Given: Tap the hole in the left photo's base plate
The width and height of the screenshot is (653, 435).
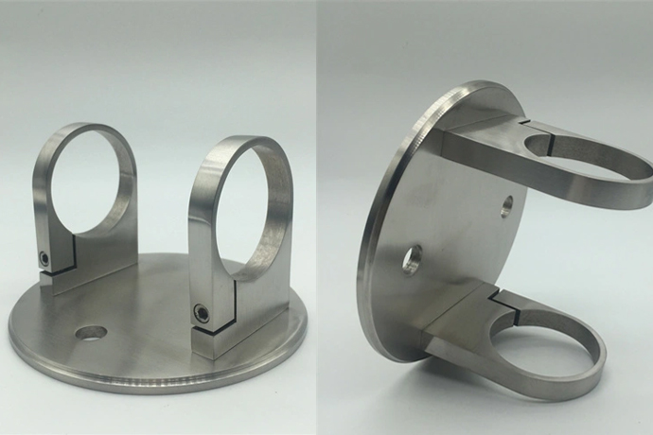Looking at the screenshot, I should [92, 333].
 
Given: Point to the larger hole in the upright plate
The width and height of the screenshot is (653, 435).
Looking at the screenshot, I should [412, 258].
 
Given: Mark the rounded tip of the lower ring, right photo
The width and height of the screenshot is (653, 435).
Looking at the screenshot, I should [594, 383].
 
